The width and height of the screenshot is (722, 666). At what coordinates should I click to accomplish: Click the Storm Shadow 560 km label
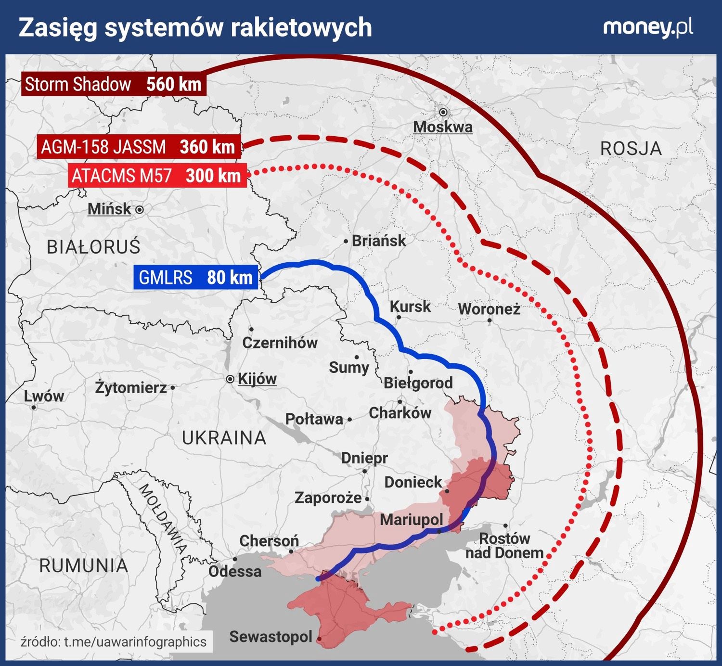pos(114,84)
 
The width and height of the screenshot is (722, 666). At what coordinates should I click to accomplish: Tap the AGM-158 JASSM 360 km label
pos(139,147)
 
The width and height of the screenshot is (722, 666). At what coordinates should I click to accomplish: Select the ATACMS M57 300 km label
pos(157,176)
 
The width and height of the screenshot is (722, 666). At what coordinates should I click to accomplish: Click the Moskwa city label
pos(443,127)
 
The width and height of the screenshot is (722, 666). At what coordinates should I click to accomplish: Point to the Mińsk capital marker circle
pos(139,210)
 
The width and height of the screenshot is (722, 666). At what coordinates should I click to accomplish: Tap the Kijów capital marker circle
pos(230,379)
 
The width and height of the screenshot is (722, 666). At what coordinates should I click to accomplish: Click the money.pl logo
pos(648,27)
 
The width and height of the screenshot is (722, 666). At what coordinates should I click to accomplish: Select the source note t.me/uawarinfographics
pos(114,641)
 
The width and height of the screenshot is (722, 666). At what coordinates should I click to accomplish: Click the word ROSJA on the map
pos(631,149)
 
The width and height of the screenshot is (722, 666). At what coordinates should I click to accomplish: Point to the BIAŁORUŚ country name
pos(93,247)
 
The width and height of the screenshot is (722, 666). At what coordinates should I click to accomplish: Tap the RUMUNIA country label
pos(84,565)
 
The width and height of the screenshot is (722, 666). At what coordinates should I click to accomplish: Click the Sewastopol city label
pos(271,637)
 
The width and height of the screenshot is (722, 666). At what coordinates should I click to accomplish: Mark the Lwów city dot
pos(34,407)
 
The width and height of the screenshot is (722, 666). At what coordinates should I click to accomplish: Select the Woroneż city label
pos(489,308)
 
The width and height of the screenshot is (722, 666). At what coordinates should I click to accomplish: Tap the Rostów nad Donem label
pos(504,545)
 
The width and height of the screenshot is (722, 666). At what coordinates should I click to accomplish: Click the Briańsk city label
pos(379,241)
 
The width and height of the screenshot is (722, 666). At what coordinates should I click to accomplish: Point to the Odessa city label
pos(235,571)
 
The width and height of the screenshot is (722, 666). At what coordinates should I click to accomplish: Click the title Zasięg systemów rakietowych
pos(195,27)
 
